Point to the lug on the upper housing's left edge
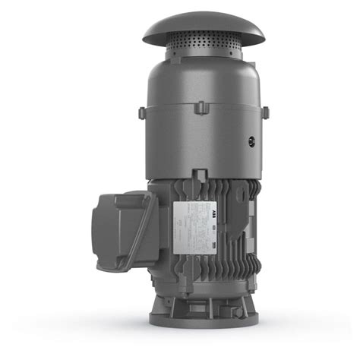141,112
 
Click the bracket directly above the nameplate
199,177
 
